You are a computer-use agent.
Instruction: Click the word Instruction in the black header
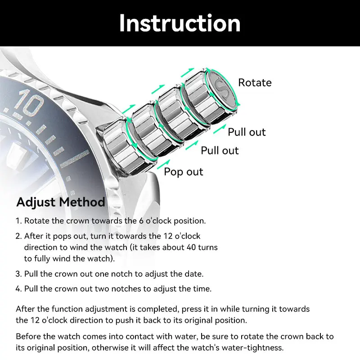point(180,23)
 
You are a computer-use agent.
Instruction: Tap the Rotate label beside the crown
point(255,83)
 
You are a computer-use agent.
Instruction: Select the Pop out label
point(183,172)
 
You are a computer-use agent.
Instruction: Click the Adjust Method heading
point(61,202)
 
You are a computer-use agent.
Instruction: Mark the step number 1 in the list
point(18,221)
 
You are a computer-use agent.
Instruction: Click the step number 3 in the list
point(18,274)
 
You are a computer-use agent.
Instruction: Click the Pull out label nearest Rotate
point(247,132)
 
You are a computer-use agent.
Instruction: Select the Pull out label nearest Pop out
point(220,150)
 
